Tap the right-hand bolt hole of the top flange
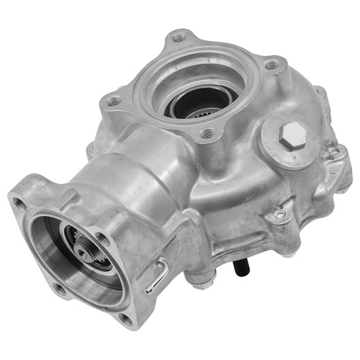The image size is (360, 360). [271, 66]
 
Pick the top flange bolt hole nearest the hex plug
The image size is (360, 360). [208, 133]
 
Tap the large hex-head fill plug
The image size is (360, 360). [292, 134]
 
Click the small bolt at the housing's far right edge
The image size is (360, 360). [333, 153]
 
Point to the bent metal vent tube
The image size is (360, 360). [159, 276]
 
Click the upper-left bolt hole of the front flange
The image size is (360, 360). [19, 204]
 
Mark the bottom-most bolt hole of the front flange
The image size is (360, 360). [126, 318]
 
